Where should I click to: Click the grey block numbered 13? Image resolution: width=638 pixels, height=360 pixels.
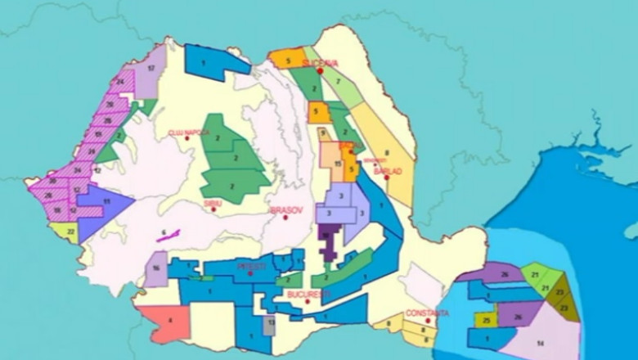[270, 324]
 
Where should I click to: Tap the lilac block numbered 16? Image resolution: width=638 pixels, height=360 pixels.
[155, 268]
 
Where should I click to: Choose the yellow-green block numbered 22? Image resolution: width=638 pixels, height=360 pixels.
[71, 232]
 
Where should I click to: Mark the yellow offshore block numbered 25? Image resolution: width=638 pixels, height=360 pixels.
[487, 319]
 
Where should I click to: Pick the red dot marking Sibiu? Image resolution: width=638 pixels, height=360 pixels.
[214, 209]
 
